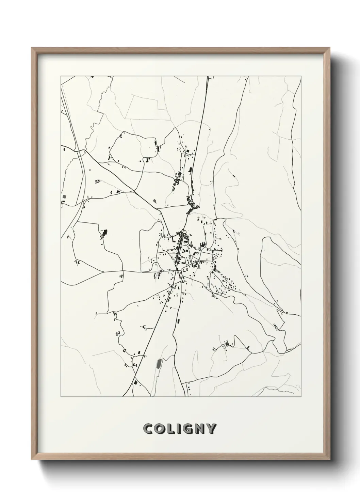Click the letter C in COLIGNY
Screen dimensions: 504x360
(148, 429)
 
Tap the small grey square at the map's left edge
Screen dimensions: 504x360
(64, 197)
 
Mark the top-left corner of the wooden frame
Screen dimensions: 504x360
(32, 48)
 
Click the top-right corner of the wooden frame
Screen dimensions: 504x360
(330, 48)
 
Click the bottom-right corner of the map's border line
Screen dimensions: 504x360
(301, 397)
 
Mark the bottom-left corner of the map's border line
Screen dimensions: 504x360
(61, 397)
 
